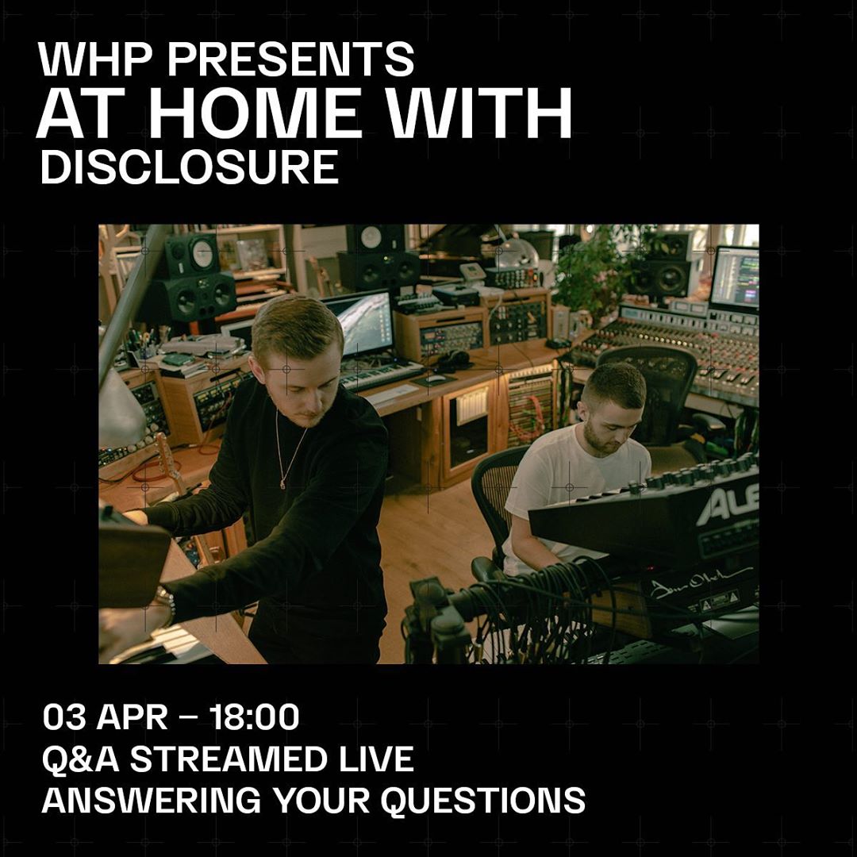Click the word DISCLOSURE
pos(189,167)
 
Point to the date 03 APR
pos(105,717)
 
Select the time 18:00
pos(255,717)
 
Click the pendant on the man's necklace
pos(282,482)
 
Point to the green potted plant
pos(591,270)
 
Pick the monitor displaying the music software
pos(734,278)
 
